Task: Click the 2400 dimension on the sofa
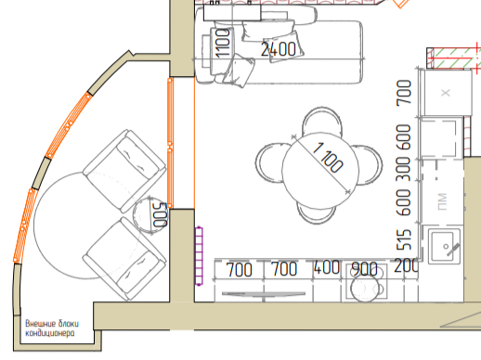(279, 49)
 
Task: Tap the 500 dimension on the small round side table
(161, 214)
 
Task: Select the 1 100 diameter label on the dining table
(328, 157)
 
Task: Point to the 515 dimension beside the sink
(404, 239)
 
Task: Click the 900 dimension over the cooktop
(365, 269)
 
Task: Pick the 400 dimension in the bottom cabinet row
(327, 267)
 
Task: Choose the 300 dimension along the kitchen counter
(404, 169)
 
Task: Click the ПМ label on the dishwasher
(443, 201)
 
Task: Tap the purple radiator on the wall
(199, 256)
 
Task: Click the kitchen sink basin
(442, 247)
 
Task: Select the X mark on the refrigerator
(446, 93)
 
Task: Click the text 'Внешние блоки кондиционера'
(52, 328)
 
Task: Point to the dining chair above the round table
(322, 121)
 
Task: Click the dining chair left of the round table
(270, 162)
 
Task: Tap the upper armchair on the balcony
(124, 171)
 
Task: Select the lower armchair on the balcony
(124, 259)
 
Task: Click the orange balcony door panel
(170, 143)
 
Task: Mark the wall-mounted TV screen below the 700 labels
(264, 294)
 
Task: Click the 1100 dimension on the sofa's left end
(223, 44)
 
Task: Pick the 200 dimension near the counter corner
(406, 265)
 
